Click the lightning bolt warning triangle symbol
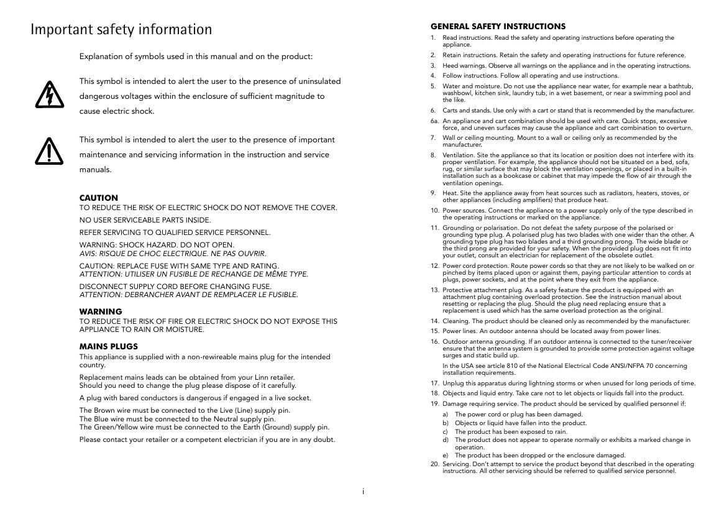click(47, 94)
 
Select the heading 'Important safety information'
click(121, 30)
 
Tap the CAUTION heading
click(98, 198)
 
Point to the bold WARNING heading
click(101, 311)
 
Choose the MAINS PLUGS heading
click(109, 346)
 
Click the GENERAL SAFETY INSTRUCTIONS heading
click(498, 27)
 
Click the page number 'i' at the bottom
click(363, 492)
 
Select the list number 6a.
click(435, 121)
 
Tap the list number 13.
click(435, 290)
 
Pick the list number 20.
click(435, 464)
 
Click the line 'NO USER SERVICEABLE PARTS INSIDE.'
click(145, 220)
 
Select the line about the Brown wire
click(185, 410)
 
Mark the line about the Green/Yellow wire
click(204, 427)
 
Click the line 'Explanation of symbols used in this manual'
click(196, 57)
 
